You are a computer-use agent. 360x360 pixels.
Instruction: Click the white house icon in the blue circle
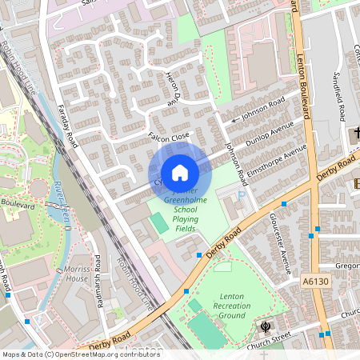point(180,172)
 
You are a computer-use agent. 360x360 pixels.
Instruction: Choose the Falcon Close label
point(168,137)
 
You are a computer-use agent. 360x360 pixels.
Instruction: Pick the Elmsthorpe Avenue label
point(277,159)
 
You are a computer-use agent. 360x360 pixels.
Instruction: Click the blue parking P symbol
point(242,194)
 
